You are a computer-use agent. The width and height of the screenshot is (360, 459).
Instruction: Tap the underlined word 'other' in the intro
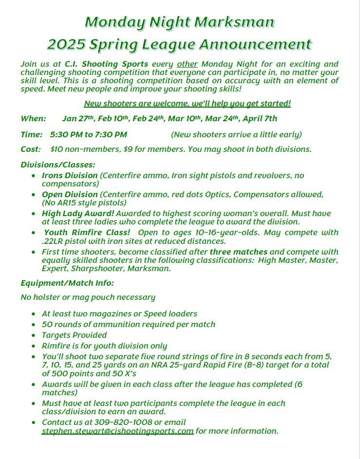pos(188,64)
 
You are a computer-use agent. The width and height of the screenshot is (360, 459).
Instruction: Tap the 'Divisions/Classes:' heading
pos(58,165)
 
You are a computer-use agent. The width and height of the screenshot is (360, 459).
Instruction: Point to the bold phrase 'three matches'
pos(238,252)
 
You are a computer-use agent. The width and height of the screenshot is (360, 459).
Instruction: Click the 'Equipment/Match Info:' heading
pos(67,283)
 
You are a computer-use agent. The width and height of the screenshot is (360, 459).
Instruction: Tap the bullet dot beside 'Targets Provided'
pos(33,335)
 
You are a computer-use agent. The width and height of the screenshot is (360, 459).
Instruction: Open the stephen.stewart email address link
pos(117,431)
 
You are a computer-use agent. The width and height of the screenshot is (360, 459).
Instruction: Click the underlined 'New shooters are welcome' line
pos(188,103)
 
